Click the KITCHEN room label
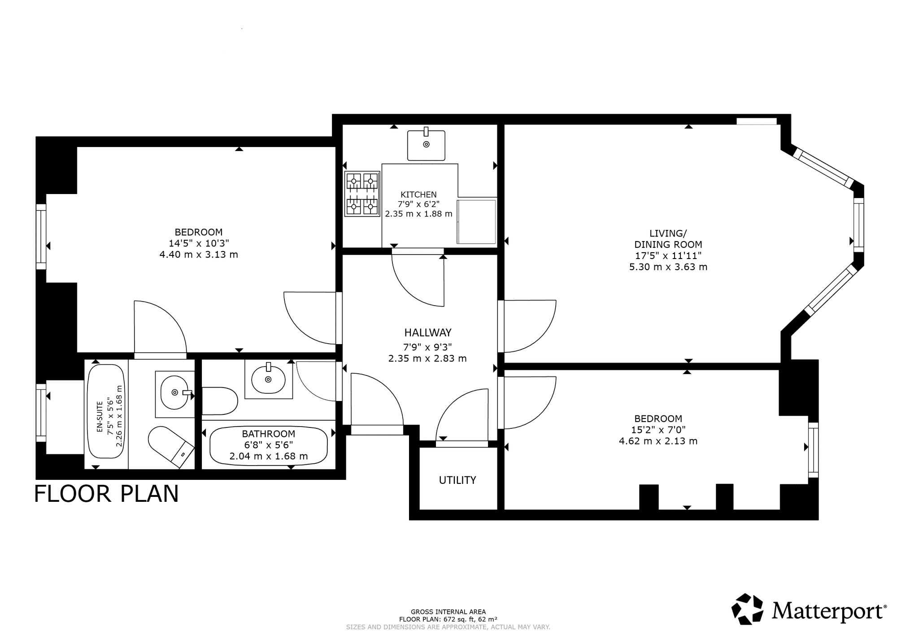(418, 194)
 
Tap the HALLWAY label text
(428, 332)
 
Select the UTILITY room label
(457, 480)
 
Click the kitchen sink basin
(426, 144)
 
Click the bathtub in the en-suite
(106, 411)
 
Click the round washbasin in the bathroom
(268, 380)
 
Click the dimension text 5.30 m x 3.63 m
(668, 267)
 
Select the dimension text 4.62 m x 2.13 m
(658, 441)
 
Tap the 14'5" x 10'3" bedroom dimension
(199, 243)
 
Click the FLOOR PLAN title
(106, 494)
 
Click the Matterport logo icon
(747, 609)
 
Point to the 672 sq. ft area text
(448, 619)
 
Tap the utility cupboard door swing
(462, 415)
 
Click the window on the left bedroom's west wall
(41, 237)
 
